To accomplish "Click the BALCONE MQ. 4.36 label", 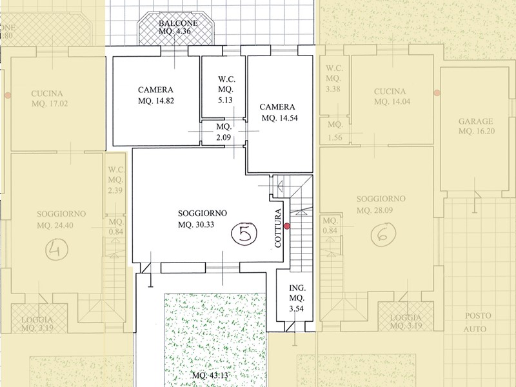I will click(178, 26).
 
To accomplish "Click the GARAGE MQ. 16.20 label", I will click(475, 126).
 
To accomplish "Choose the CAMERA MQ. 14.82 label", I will click(155, 95).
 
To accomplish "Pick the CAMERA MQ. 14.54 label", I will click(277, 112).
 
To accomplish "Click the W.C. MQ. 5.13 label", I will click(224, 90).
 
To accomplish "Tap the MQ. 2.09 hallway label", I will click(223, 132).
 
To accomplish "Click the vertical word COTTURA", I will click(278, 228).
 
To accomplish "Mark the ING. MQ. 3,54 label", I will click(296, 298).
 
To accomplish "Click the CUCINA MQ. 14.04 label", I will click(390, 96).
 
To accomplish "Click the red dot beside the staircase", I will click(288, 226).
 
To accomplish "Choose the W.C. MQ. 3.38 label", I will click(333, 78).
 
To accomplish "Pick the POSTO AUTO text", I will click(479, 322).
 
